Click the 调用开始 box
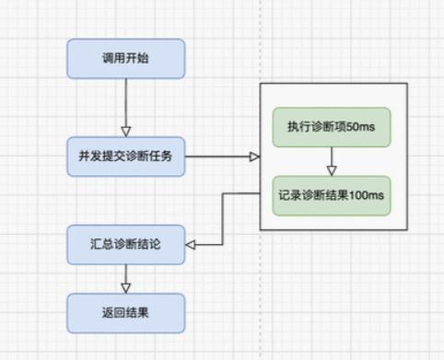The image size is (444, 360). point(126,58)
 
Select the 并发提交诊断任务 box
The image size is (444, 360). point(126,157)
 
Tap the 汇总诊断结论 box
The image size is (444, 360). point(126,245)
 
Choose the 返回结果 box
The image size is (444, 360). point(126,313)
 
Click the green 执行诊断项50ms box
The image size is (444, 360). point(331,126)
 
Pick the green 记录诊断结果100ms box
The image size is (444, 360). point(331,196)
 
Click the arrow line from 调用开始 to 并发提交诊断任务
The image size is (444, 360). point(126,101)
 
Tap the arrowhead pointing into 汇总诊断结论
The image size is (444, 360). point(192,245)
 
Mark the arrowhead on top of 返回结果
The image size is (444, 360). point(126,288)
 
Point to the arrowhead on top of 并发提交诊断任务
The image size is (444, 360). point(126,131)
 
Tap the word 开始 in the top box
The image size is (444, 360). point(137,58)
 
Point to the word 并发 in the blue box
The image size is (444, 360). point(93,157)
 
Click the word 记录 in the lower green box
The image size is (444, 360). point(290,196)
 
